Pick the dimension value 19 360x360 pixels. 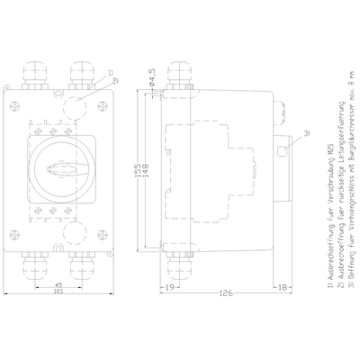click(169, 288)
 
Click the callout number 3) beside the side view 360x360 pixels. click(306, 134)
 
